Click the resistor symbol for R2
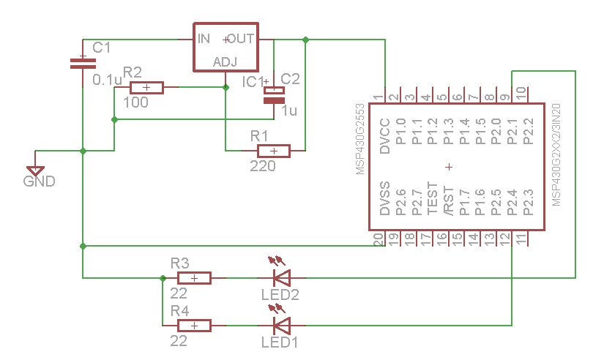point(146,88)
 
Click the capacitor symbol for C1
point(83,63)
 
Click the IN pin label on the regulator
point(204,38)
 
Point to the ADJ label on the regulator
point(225,62)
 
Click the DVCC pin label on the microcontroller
point(385,135)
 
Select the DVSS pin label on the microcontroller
point(385,199)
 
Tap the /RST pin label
point(449,200)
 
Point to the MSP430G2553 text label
point(359,138)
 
